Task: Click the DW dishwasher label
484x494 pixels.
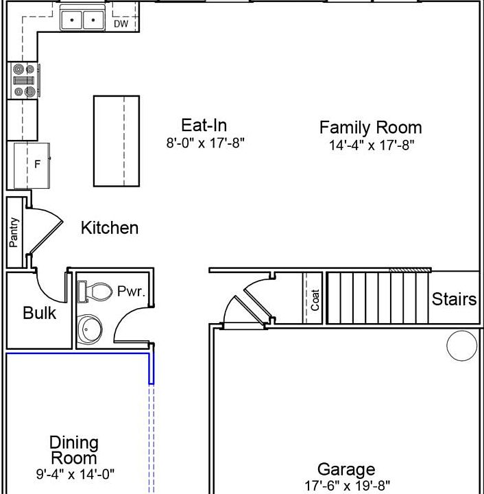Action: (x=121, y=24)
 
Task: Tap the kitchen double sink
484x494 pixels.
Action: (x=82, y=20)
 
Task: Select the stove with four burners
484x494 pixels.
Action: (x=24, y=80)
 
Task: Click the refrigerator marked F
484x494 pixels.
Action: (x=32, y=166)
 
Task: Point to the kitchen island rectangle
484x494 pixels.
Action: (x=117, y=141)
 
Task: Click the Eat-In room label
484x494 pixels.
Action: (x=204, y=125)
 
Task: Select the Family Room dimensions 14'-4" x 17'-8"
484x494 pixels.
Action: (x=372, y=145)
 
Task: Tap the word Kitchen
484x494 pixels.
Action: (x=110, y=228)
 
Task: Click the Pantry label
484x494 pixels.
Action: (x=14, y=233)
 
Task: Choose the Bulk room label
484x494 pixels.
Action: (x=40, y=313)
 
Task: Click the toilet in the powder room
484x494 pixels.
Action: (x=95, y=292)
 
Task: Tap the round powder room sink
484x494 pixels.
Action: (x=90, y=329)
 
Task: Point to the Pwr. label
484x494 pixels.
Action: (x=131, y=291)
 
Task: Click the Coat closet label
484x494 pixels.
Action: (x=315, y=300)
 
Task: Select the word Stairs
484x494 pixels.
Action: (x=454, y=299)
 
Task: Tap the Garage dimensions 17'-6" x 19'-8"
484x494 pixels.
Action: (x=348, y=486)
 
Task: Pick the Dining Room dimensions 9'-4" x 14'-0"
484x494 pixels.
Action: (x=75, y=473)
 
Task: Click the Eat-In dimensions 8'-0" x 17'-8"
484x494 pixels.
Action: (x=205, y=143)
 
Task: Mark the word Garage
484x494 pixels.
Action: (x=346, y=469)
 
